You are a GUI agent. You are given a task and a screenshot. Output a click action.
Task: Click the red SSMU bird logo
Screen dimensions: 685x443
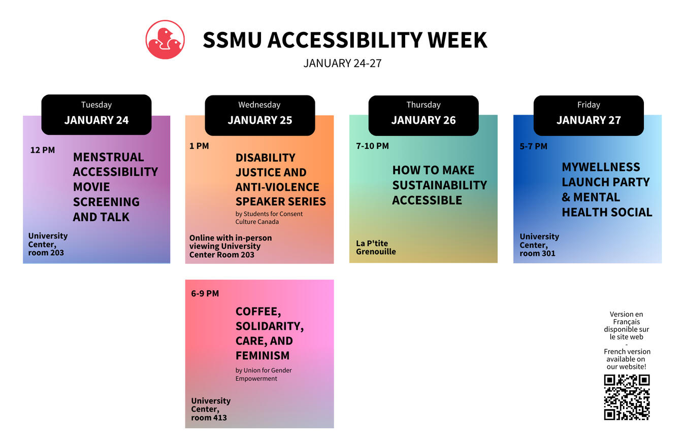point(165,40)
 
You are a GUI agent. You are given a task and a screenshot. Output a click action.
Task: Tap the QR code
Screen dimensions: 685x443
point(627,397)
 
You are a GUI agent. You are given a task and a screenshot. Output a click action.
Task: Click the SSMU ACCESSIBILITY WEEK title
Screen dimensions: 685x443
point(345,40)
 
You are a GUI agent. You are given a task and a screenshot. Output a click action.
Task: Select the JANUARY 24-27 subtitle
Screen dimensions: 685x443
point(342,63)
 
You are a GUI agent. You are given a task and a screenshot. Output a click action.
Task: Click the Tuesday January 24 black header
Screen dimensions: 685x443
point(96,115)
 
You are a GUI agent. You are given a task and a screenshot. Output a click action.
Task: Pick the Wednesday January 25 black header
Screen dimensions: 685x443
point(260,115)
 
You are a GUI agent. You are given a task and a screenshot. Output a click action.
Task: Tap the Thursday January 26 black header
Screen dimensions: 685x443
point(423,116)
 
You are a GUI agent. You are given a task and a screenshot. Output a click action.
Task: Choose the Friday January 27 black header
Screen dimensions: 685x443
point(589,116)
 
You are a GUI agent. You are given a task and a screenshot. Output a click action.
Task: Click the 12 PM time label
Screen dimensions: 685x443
point(43,150)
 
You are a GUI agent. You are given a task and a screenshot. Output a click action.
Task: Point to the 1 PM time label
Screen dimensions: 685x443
point(199,146)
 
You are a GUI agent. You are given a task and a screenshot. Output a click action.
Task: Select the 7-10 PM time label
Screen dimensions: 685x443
point(372,146)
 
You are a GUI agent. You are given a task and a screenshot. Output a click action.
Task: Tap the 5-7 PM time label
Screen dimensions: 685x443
point(533,146)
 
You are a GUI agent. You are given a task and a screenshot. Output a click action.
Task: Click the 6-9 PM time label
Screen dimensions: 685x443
point(205,294)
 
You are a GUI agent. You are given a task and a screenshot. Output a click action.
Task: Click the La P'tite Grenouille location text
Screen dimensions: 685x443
point(376,248)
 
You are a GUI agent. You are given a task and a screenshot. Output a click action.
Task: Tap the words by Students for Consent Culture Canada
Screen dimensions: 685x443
point(269,218)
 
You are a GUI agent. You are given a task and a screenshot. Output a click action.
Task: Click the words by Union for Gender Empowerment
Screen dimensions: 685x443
point(264,374)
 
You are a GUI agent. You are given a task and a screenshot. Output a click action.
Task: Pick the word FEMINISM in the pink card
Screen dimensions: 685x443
point(263,356)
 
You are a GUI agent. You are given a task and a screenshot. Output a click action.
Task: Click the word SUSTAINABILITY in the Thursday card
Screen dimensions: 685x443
point(440,185)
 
